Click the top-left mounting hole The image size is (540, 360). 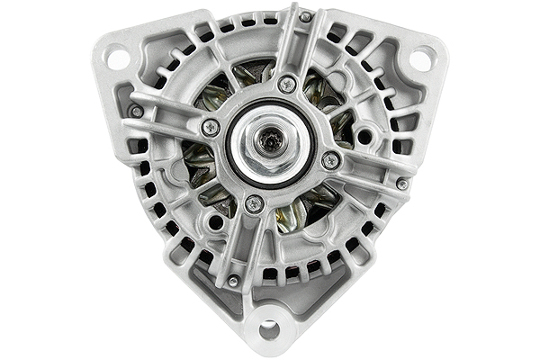tap(118, 58)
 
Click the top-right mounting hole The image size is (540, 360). tap(420, 59)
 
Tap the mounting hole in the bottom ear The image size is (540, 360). tap(268, 329)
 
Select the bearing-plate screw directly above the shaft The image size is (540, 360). tap(287, 85)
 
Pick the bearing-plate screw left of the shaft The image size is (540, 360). tap(210, 128)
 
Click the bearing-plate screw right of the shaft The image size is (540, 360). tap(331, 160)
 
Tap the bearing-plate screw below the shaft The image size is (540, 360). tap(255, 204)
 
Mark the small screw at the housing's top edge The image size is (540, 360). tap(305, 16)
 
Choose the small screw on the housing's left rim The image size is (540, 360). tap(136, 112)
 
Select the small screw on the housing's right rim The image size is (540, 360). tap(401, 184)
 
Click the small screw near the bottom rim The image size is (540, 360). tap(232, 281)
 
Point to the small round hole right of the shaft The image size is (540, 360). tap(364, 138)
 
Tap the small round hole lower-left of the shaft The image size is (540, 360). tap(215, 221)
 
